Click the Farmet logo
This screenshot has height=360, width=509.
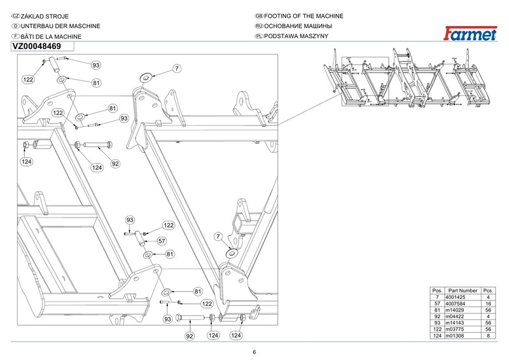tap(470, 34)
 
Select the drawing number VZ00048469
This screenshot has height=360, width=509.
tap(37, 46)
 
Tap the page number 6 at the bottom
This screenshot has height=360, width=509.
tap(254, 352)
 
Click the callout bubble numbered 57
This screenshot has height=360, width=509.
tap(162, 241)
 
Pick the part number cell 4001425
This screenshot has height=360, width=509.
tap(455, 297)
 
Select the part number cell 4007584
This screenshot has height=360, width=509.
tap(455, 303)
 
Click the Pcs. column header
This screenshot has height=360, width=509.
tap(488, 291)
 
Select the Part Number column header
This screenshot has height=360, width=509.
tap(463, 291)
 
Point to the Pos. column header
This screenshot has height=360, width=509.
tap(437, 291)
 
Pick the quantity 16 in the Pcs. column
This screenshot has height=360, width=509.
tap(488, 303)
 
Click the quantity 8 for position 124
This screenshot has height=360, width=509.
tap(488, 336)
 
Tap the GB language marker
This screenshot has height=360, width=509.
tap(259, 16)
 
